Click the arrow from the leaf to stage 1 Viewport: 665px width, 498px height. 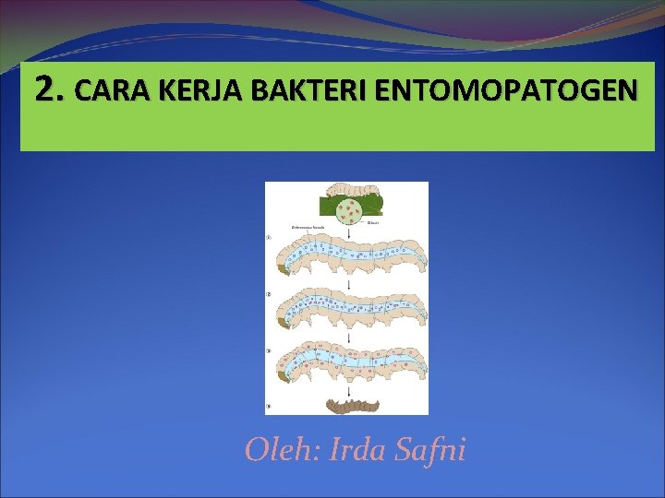[348, 234]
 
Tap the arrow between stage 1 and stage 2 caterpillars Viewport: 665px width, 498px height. [348, 287]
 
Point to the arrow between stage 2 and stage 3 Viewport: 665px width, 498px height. [348, 340]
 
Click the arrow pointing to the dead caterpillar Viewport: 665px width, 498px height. [348, 391]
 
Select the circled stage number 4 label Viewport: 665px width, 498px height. [269, 404]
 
